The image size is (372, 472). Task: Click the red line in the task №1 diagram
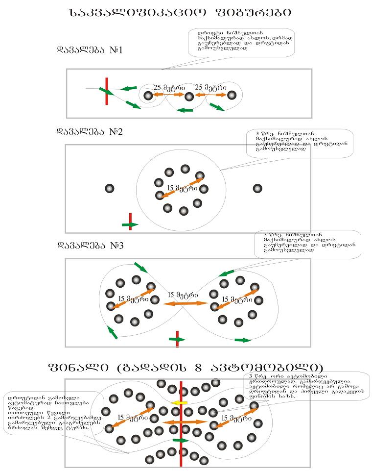tap(107, 91)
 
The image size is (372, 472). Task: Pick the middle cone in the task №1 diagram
tap(189, 97)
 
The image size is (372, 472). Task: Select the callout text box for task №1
tap(229, 43)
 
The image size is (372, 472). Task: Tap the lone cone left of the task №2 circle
tap(110, 189)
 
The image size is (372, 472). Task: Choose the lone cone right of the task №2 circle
tap(257, 189)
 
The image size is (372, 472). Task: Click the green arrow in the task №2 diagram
tap(130, 224)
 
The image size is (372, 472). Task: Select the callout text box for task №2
tap(300, 143)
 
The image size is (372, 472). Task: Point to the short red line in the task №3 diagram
tap(177, 338)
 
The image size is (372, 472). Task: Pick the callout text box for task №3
tap(307, 244)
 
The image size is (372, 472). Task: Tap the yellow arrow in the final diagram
tap(180, 402)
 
